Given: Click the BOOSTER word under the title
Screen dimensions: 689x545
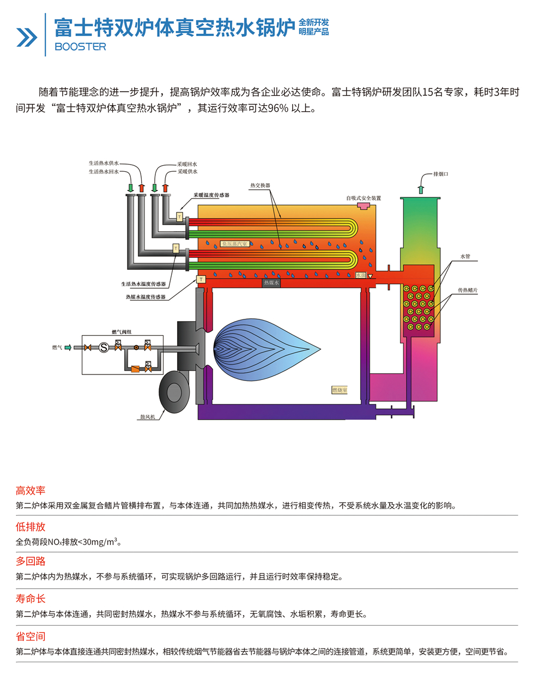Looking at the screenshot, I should click(x=80, y=47).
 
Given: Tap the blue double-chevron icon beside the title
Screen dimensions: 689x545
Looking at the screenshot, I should click(x=26, y=37).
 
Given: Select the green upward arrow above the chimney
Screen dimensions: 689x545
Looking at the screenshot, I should click(x=420, y=189).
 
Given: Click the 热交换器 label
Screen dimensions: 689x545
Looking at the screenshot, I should click(x=260, y=186).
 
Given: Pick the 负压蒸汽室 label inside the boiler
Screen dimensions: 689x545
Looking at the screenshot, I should click(x=234, y=244).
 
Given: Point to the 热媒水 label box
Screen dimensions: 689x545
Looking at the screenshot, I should click(x=271, y=283).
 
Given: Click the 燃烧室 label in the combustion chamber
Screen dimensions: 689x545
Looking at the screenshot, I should click(x=340, y=390).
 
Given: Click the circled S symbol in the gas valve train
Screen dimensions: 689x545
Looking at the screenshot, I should click(x=103, y=347).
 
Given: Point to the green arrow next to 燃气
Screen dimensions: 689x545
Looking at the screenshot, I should click(x=68, y=347).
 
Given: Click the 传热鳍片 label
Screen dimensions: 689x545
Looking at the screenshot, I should click(x=468, y=291).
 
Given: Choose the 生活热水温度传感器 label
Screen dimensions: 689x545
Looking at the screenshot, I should click(x=143, y=284).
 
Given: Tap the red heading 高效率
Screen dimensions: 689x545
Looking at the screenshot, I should click(x=31, y=491).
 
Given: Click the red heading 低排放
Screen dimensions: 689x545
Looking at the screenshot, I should click(x=31, y=527).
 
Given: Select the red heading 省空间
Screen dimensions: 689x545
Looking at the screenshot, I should click(x=31, y=637).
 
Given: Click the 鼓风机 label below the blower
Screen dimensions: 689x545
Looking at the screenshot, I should click(x=148, y=417).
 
